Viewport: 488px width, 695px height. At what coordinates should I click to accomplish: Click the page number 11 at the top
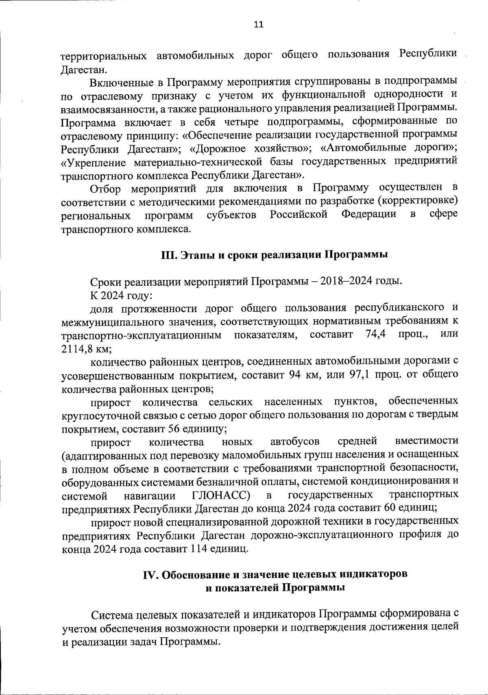tap(259, 25)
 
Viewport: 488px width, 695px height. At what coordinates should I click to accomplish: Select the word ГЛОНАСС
tap(220, 495)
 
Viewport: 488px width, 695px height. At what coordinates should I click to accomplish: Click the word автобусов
tap(294, 442)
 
